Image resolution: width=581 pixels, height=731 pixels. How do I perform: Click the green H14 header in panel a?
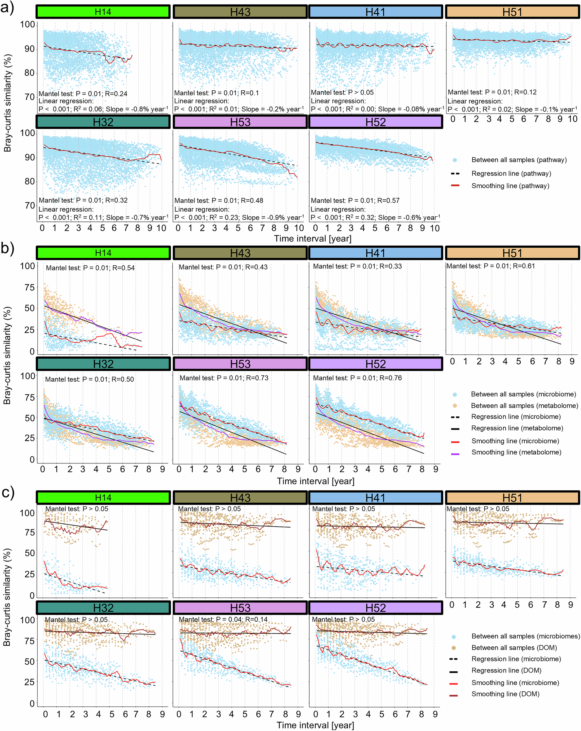click(x=103, y=12)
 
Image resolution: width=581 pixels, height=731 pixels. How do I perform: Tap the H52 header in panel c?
click(x=375, y=608)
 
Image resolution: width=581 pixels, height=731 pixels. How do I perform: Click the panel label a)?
click(x=8, y=8)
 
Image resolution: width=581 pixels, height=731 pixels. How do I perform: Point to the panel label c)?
click(x=8, y=492)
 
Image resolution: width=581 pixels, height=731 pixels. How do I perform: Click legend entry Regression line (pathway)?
click(x=511, y=174)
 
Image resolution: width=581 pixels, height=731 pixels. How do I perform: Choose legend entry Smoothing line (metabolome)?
click(x=516, y=452)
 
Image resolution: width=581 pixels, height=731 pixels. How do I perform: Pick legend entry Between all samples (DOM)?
click(x=514, y=648)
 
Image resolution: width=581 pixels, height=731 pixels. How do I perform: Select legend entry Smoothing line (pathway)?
click(x=510, y=186)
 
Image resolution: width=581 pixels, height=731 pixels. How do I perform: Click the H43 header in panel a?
click(x=240, y=12)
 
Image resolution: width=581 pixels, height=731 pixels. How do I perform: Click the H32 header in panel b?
click(x=103, y=364)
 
